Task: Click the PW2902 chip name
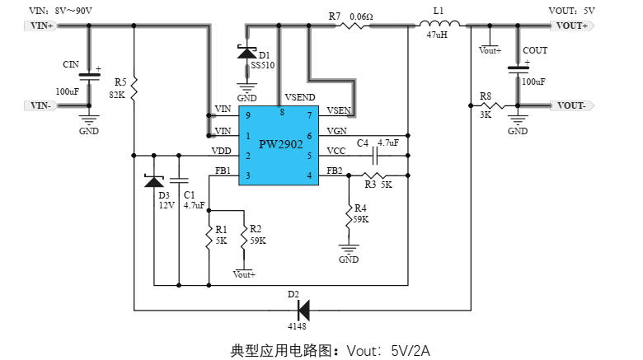[280, 143]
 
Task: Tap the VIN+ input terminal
[41, 26]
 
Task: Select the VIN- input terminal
[41, 105]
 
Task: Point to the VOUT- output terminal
[570, 105]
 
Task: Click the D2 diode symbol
[303, 311]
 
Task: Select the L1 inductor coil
[437, 25]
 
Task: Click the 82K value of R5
[116, 95]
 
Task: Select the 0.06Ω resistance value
[361, 15]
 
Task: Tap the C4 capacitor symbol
[376, 155]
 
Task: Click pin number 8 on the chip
[282, 111]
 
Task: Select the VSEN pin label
[338, 110]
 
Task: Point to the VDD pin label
[221, 151]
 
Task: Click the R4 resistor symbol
[350, 216]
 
